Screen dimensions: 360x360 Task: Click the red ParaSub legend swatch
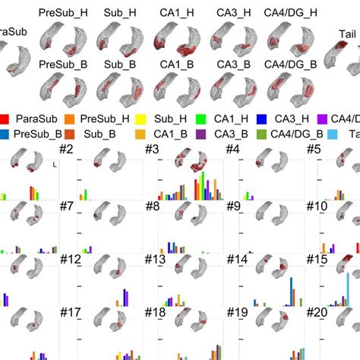(5, 119)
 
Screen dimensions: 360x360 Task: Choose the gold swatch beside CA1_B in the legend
(139, 134)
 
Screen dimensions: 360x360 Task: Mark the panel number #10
(318, 206)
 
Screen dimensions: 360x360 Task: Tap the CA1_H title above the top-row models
(172, 13)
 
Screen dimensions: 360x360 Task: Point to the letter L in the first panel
(47, 164)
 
